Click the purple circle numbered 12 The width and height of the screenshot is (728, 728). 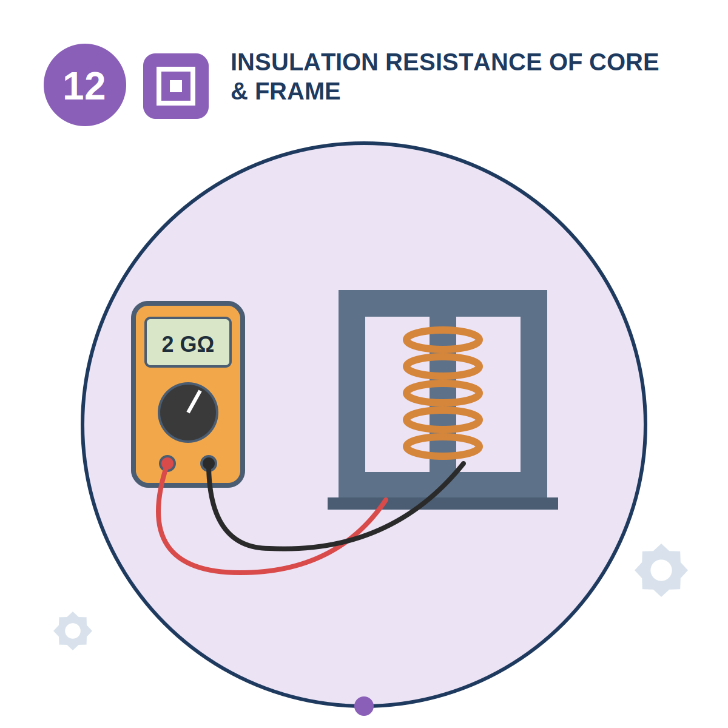84,84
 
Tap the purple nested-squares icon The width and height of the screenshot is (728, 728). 176,86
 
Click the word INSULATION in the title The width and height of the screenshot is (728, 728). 304,62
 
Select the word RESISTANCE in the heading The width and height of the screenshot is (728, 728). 463,62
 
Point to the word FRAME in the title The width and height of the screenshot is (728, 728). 298,91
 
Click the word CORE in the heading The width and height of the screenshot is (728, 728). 624,62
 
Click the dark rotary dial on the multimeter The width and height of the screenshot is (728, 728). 187,412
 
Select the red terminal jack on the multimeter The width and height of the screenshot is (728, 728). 167,463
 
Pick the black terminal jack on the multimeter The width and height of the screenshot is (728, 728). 209,463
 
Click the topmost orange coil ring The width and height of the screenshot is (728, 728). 443,339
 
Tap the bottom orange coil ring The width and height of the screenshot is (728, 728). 443,446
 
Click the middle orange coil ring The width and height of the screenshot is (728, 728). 443,393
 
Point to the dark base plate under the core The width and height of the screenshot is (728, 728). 443,503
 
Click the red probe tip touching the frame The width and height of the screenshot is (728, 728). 386,500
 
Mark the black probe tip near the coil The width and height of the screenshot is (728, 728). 463,463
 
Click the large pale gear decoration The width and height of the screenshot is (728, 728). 661,570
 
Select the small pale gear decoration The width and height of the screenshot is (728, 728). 73,631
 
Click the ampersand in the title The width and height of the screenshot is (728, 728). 239,92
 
